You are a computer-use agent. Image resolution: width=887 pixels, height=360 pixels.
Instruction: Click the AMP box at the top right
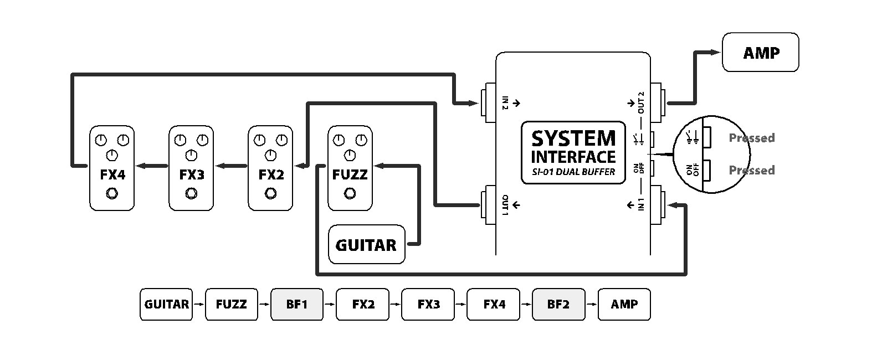tap(760, 53)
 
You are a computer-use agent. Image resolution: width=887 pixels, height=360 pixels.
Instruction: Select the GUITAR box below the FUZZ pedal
tap(366, 244)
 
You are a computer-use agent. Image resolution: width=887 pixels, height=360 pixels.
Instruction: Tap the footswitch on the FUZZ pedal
tap(350, 193)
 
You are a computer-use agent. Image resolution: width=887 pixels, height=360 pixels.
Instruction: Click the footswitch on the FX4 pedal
tap(112, 193)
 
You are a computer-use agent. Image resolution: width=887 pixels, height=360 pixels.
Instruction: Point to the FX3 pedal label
tap(192, 175)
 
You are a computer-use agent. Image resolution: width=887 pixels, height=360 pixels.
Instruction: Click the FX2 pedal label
tap(271, 175)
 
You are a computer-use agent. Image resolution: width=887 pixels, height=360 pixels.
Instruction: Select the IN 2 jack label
tap(505, 102)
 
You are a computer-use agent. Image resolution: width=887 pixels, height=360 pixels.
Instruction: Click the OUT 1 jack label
tap(505, 205)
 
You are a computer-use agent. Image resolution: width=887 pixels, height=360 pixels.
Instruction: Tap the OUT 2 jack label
tap(642, 102)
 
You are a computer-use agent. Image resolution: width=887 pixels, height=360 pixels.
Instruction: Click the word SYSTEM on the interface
tap(573, 138)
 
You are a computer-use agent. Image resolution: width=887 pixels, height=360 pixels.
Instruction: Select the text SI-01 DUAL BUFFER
tap(573, 172)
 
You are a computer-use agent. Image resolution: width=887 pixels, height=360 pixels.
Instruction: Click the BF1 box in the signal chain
tap(296, 304)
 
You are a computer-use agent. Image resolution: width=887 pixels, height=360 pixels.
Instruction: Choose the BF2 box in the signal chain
tap(558, 304)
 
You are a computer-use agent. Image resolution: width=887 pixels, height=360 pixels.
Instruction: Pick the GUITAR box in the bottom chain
tap(166, 304)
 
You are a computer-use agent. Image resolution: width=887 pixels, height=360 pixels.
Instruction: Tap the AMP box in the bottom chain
tap(624, 304)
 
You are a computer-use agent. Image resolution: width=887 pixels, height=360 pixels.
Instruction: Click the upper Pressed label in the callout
tap(751, 138)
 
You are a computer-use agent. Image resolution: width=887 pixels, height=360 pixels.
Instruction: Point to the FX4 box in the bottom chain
tap(493, 304)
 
